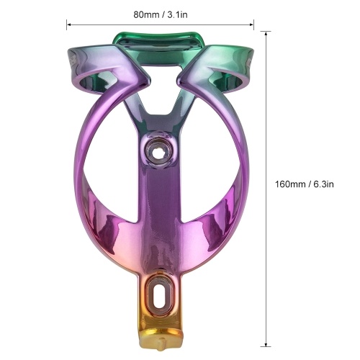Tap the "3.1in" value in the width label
point(177,15)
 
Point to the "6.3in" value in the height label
point(323,184)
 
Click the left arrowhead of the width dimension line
point(68,24)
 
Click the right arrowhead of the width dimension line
point(252,24)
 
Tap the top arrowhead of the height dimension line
point(266,34)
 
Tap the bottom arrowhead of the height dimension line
point(266,344)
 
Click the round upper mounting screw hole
point(158,150)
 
